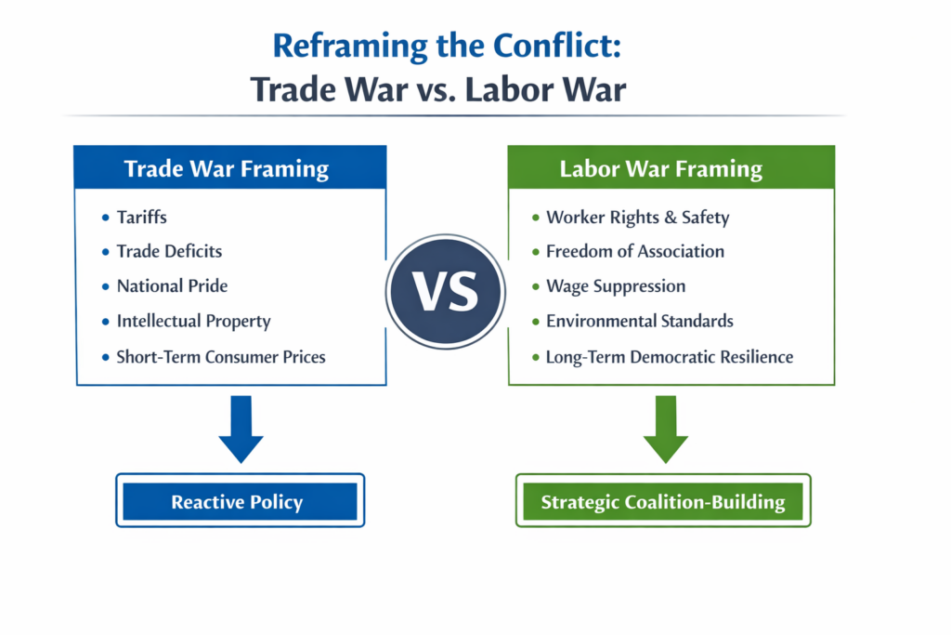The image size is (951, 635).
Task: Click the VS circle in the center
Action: pyautogui.click(x=446, y=291)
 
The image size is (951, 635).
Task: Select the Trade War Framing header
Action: pyautogui.click(x=230, y=167)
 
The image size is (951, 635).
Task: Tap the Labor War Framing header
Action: pyautogui.click(x=671, y=167)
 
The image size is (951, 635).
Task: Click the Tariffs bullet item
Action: pyautogui.click(x=141, y=217)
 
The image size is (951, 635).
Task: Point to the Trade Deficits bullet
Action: pyautogui.click(x=169, y=251)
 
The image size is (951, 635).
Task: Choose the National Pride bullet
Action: pyautogui.click(x=172, y=286)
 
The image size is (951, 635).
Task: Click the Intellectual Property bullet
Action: pyautogui.click(x=193, y=321)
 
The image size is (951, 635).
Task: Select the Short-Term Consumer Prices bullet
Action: pyautogui.click(x=221, y=356)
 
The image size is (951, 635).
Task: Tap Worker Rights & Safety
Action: pyautogui.click(x=637, y=217)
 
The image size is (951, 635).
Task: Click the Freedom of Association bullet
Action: pyautogui.click(x=635, y=251)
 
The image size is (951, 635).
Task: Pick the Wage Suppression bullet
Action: pyautogui.click(x=616, y=286)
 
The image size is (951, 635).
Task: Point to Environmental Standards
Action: pyautogui.click(x=639, y=321)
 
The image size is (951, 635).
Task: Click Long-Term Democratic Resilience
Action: pyautogui.click(x=670, y=357)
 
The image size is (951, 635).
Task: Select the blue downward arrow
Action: pyautogui.click(x=241, y=430)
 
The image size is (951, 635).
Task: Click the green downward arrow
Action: pyautogui.click(x=665, y=430)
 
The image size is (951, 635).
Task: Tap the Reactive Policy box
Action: pyautogui.click(x=241, y=501)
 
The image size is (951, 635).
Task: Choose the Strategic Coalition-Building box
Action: pyautogui.click(x=663, y=501)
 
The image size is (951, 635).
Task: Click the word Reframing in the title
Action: pyautogui.click(x=350, y=46)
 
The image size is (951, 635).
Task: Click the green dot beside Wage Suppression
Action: pyautogui.click(x=536, y=286)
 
